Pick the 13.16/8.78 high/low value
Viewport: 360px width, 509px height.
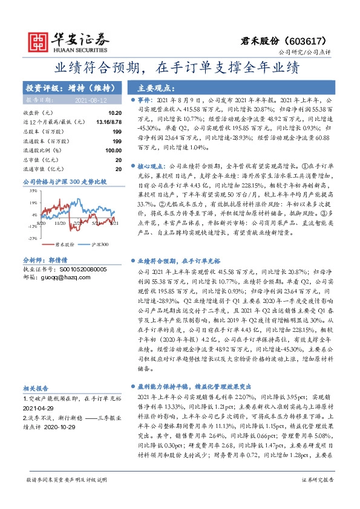point(110,122)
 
